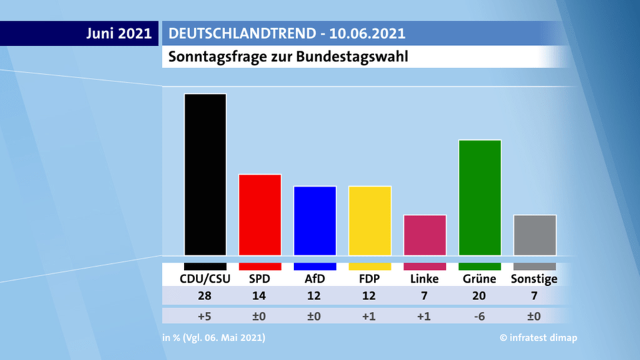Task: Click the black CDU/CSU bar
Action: click(205, 174)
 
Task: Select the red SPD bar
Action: click(260, 214)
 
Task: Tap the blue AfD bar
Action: click(315, 220)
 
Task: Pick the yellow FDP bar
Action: click(369, 220)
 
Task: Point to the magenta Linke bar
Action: click(425, 235)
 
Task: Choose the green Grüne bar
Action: click(480, 197)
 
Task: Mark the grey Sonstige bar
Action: click(535, 235)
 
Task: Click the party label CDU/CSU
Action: click(205, 279)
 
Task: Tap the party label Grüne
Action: click(480, 279)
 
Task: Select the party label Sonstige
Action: click(534, 279)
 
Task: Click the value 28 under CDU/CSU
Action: click(205, 297)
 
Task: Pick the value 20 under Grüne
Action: click(480, 297)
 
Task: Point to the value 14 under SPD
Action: click(260, 297)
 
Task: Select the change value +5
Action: click(205, 315)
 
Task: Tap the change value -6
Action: click(480, 315)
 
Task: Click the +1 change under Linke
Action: click(425, 315)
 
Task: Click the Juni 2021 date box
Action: click(119, 33)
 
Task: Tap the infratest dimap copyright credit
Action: click(538, 338)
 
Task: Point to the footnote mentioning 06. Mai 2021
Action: click(213, 338)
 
